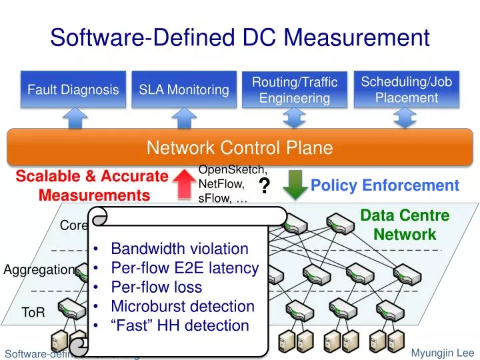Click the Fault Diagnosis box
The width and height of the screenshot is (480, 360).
[73, 89]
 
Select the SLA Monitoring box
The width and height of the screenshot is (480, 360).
[184, 89]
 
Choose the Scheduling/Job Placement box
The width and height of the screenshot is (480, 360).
[406, 89]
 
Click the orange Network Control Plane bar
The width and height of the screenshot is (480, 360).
[239, 147]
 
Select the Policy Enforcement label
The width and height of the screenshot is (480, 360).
[385, 185]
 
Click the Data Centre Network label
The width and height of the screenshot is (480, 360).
[405, 225]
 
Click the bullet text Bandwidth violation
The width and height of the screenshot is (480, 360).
[179, 249]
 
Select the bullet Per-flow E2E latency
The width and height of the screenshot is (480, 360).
[185, 268]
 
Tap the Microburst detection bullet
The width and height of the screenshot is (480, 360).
[183, 307]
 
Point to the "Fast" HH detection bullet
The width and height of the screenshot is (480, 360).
[179, 325]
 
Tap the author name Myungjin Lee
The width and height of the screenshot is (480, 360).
[442, 352]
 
